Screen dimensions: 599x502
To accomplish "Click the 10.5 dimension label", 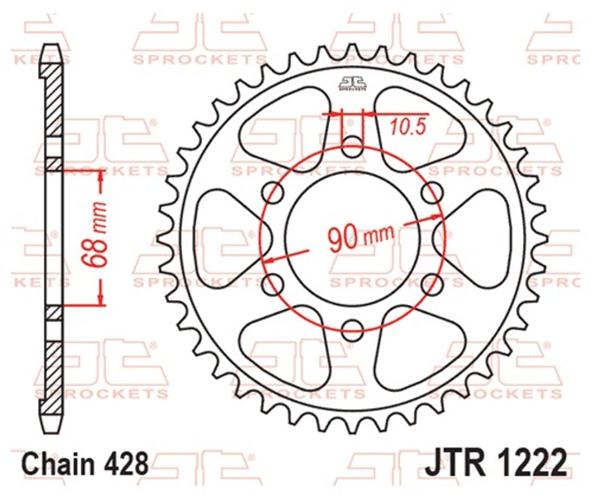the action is [408, 127].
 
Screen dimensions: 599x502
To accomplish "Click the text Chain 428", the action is [85, 464].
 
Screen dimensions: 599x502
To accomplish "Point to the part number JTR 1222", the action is [495, 463].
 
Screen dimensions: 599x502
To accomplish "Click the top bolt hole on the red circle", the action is [352, 147].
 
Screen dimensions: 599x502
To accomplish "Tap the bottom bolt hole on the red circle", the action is [352, 330].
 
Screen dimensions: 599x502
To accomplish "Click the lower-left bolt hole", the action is [273, 284].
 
